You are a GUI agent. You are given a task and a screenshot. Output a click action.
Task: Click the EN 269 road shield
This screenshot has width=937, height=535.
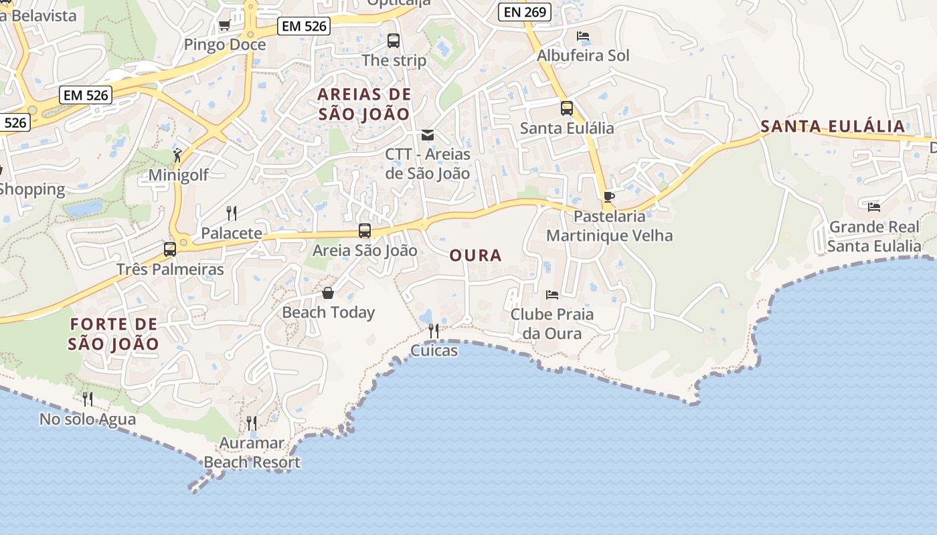click(x=525, y=11)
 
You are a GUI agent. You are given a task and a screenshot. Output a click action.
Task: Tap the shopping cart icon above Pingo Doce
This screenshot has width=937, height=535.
click(x=224, y=25)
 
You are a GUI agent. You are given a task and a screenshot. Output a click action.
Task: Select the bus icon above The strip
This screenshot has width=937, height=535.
click(x=394, y=41)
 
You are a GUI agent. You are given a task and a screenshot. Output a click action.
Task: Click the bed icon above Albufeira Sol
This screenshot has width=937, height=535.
click(x=583, y=36)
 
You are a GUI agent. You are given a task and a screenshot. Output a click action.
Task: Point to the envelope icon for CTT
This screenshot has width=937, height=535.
click(x=428, y=135)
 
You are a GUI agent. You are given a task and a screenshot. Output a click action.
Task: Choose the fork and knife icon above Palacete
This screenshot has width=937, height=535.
click(x=232, y=213)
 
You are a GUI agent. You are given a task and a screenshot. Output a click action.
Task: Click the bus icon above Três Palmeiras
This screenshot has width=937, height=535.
click(x=170, y=249)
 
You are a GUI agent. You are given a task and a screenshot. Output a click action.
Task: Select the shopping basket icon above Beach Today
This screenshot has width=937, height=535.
click(x=328, y=293)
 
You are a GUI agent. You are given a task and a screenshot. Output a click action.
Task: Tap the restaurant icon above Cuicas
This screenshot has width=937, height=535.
click(x=434, y=330)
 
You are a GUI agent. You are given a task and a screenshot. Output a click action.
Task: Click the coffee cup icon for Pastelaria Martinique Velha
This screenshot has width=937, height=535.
click(x=608, y=197)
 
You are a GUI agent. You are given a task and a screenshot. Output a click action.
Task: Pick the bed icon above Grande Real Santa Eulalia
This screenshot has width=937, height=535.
click(x=873, y=207)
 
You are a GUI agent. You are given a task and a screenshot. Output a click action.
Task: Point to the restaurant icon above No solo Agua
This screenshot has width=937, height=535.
click(x=88, y=399)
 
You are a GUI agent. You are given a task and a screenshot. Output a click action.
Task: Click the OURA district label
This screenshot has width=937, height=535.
click(x=475, y=255)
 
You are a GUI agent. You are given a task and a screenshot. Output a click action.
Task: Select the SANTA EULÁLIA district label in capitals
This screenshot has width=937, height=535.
click(x=833, y=126)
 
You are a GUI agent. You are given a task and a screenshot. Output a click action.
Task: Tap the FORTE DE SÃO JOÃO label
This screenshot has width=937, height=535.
click(x=114, y=334)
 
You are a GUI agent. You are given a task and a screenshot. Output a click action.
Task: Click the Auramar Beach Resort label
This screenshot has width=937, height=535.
click(x=252, y=453)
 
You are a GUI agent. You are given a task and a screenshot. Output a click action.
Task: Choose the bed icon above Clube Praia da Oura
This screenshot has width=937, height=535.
click(x=552, y=294)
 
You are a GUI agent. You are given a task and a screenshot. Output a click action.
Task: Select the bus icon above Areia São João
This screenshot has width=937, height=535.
click(x=365, y=231)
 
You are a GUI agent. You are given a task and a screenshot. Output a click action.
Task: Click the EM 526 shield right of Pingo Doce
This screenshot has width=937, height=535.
click(x=304, y=26)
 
